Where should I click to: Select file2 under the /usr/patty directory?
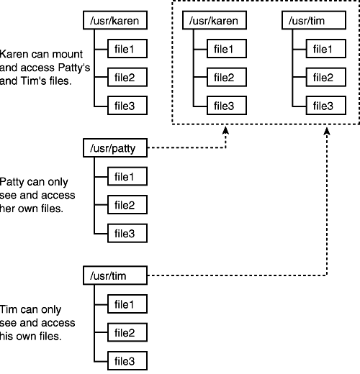(x=127, y=204)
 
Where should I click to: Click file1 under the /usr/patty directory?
(x=127, y=176)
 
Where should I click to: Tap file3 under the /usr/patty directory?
(x=127, y=232)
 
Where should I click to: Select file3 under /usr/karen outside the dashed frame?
(x=127, y=106)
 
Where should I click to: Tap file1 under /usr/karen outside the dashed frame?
(x=127, y=50)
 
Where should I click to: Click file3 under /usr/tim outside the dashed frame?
(x=127, y=359)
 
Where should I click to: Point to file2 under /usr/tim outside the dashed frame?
(x=127, y=331)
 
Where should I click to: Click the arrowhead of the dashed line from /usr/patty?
(x=226, y=131)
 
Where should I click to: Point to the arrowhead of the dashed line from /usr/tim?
(x=328, y=131)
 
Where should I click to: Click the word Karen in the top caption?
(x=14, y=54)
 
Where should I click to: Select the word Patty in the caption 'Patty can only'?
(x=13, y=181)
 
